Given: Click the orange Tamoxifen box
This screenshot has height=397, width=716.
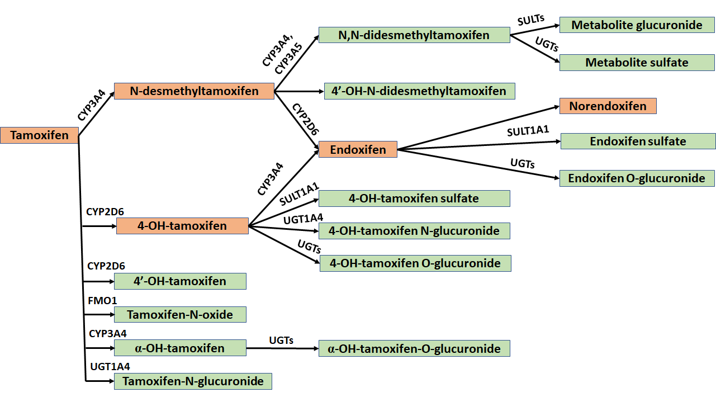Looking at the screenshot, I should (39, 135).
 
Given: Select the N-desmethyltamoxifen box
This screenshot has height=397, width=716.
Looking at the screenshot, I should (194, 91).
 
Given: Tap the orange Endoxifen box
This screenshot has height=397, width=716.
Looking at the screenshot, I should (358, 149).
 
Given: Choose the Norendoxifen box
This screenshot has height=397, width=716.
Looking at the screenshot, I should (608, 106).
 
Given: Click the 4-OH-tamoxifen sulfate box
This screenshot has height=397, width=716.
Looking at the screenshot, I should (414, 198).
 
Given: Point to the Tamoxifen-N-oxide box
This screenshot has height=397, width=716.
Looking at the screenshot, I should (180, 314).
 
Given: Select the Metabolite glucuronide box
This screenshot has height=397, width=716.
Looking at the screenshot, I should (637, 25).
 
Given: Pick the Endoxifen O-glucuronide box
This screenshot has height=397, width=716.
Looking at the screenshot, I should (637, 178).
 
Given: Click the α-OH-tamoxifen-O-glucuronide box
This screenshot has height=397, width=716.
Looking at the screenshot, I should (414, 349).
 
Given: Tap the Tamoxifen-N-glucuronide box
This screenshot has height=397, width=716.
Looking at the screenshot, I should (193, 381).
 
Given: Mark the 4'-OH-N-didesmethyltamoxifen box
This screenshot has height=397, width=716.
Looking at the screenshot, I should (419, 91).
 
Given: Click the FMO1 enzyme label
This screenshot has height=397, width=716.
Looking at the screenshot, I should (102, 301).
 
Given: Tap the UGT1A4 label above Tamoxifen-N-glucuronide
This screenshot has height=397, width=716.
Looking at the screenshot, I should (110, 367).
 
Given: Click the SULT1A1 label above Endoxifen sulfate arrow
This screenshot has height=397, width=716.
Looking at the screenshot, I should (528, 131).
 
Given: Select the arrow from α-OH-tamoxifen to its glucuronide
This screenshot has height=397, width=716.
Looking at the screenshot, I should (282, 348).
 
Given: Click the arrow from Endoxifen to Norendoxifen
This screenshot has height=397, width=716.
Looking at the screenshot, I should (478, 128).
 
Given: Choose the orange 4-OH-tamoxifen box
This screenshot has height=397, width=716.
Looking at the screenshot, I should (182, 226).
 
